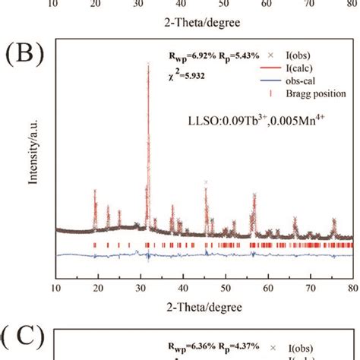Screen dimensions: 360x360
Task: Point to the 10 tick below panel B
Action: coord(56,289)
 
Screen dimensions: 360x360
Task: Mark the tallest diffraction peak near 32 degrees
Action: coord(147,67)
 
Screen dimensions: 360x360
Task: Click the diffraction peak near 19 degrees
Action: coord(94,191)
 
